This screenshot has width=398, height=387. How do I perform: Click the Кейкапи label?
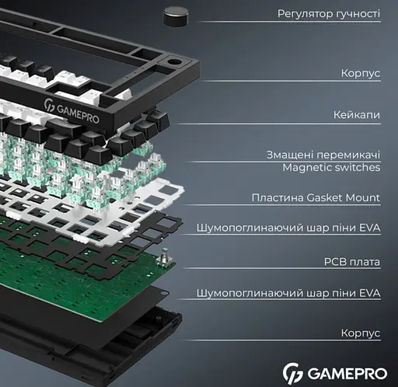pyautogui.click(x=356, y=115)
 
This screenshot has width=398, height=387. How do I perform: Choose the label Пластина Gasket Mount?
pyautogui.click(x=316, y=198)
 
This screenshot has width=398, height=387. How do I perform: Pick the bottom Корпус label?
pyautogui.click(x=360, y=333)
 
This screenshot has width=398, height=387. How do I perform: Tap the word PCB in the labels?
pyautogui.click(x=332, y=263)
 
